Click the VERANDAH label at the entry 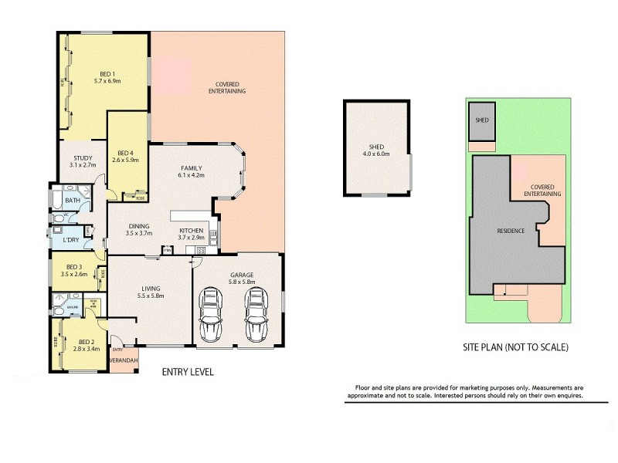click(x=122, y=360)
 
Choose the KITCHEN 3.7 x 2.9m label click(x=192, y=235)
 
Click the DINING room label click(x=140, y=229)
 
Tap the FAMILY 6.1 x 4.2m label click(x=192, y=171)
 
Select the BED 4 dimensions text click(x=125, y=160)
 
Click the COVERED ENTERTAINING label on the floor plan click(x=227, y=88)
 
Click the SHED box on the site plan click(x=482, y=120)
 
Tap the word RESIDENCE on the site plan click(x=511, y=231)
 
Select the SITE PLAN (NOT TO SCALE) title click(x=517, y=347)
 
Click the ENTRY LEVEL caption click(x=187, y=372)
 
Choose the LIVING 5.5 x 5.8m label click(x=150, y=292)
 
